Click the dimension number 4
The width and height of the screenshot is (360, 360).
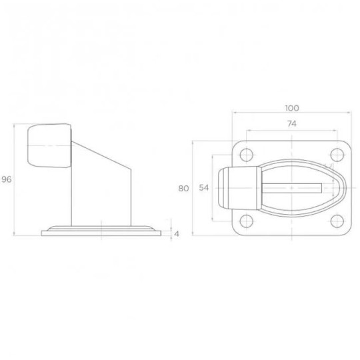pos(177,233)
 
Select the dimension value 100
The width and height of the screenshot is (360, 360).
pos(291,108)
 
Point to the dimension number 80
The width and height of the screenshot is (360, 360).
pos(184,188)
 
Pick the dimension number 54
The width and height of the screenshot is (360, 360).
pos(204,188)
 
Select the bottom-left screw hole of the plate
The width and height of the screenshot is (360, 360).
pos(247,221)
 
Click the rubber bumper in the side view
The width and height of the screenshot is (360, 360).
pos(49,146)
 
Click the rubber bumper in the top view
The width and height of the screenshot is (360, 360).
pos(241,188)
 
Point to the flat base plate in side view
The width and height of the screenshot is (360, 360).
pos(101,232)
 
